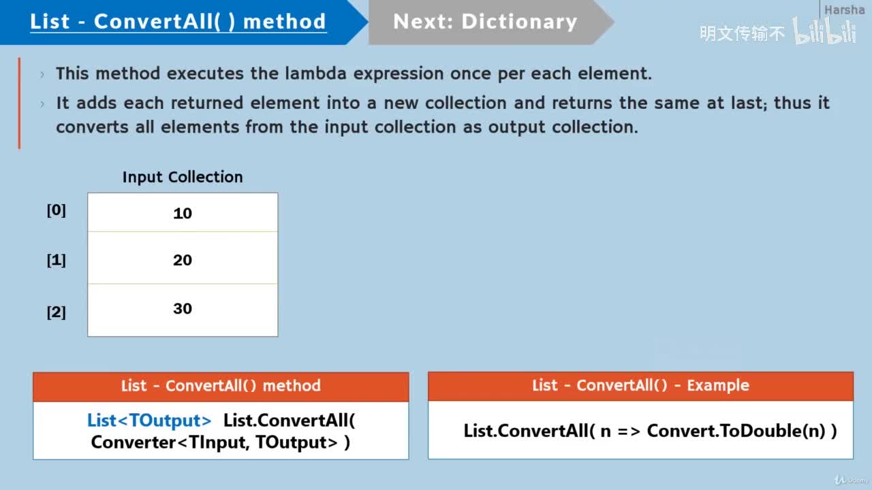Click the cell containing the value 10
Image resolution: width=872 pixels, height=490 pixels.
click(183, 213)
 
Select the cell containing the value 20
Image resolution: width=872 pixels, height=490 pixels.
click(183, 259)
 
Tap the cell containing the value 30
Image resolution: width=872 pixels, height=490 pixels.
click(183, 308)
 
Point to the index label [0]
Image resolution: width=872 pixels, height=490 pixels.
click(56, 210)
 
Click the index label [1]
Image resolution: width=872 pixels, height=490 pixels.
click(56, 260)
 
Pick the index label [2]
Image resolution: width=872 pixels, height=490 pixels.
click(56, 312)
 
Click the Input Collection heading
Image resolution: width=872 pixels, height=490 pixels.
click(183, 177)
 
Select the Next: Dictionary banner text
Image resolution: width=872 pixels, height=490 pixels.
click(484, 22)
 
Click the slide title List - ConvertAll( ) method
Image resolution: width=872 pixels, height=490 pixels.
click(178, 22)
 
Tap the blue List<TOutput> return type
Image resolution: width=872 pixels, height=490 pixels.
click(149, 421)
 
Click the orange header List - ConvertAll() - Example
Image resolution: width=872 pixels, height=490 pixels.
click(640, 386)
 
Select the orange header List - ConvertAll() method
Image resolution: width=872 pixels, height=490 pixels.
click(221, 386)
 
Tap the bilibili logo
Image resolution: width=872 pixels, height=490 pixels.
click(824, 32)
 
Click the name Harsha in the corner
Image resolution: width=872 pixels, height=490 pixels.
click(844, 10)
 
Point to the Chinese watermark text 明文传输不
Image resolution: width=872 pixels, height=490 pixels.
click(742, 33)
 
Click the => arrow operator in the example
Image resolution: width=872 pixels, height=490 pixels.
click(628, 431)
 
